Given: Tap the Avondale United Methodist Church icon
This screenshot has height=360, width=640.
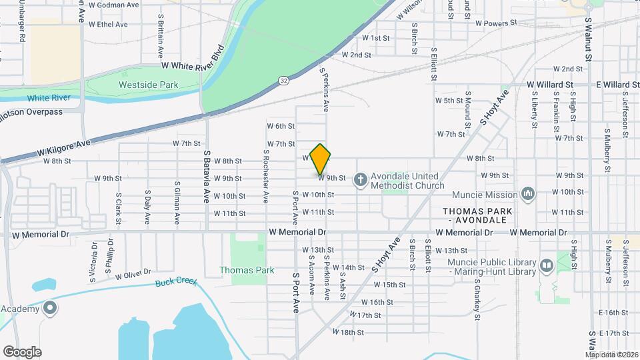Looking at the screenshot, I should tap(360, 179).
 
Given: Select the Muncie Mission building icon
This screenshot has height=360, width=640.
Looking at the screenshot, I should tap(528, 194).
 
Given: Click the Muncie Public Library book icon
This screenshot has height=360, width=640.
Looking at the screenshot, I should tap(547, 266).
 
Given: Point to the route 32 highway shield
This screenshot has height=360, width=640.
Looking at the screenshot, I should tap(284, 80).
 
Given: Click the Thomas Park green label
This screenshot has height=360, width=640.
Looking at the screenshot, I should tap(247, 271).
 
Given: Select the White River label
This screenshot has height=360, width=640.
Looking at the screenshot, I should tap(49, 98).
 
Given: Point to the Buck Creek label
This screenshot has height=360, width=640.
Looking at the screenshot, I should tap(176, 283).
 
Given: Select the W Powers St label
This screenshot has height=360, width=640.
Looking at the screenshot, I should tap(496, 23).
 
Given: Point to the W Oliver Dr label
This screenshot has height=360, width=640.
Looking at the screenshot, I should tap(133, 274).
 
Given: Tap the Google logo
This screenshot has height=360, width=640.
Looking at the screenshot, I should tap(22, 351).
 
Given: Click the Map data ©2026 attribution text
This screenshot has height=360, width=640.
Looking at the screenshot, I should tap(611, 355).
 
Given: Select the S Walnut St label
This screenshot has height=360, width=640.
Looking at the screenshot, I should tap(589, 40).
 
